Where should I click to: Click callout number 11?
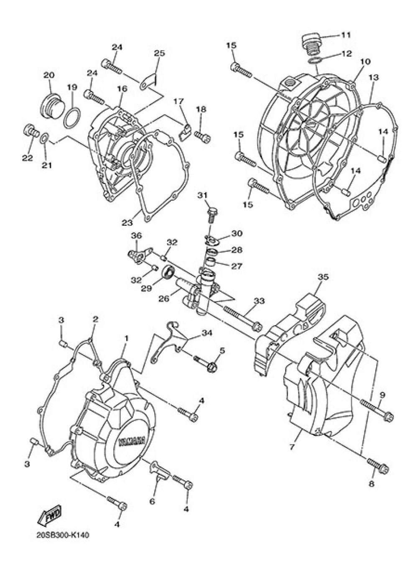coord(346,35)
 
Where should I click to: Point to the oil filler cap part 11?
coord(310,45)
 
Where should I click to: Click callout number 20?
coord(49,75)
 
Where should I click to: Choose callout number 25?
coord(159,53)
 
